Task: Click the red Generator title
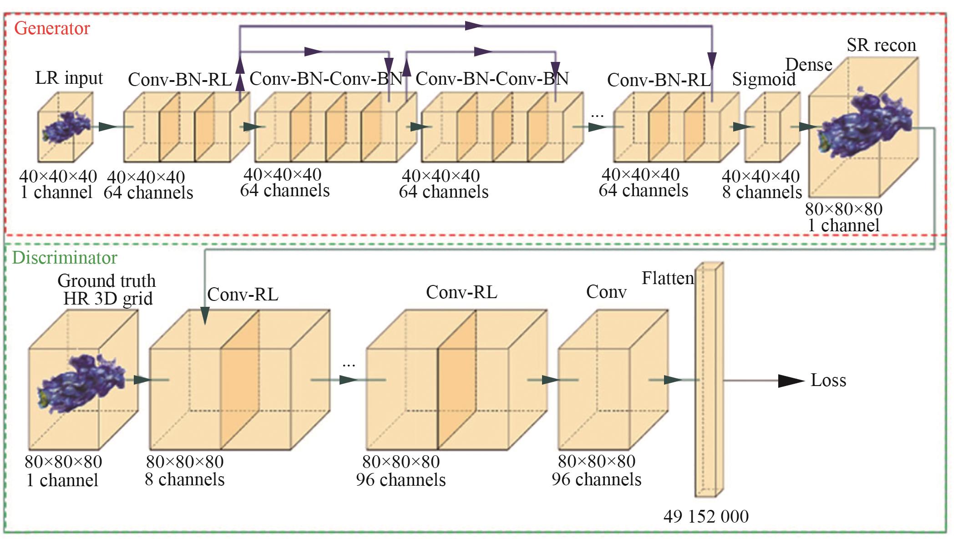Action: (52, 28)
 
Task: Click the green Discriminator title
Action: (64, 258)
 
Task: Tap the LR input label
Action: (69, 78)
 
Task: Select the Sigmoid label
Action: (764, 79)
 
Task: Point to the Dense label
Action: (809, 65)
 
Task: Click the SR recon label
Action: (881, 45)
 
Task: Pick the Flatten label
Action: (668, 278)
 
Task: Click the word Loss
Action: (828, 380)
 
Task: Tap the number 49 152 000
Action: (706, 516)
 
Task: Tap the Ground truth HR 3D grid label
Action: (107, 290)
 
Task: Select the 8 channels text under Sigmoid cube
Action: (762, 192)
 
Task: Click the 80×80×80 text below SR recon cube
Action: (844, 209)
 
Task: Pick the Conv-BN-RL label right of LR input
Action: (180, 80)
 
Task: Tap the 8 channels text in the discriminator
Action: (184, 479)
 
